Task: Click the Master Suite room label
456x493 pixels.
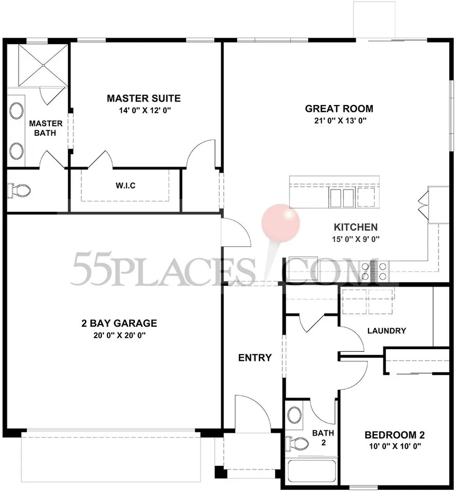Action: coord(144,98)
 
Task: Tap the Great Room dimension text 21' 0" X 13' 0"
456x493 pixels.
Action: coord(340,120)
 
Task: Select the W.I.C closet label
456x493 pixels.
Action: coord(126,186)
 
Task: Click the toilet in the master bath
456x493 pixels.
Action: coord(19,190)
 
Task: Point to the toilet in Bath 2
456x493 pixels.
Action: coord(297,443)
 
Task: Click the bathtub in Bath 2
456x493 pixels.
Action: coord(312,471)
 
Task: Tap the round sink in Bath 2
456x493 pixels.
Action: coord(295,414)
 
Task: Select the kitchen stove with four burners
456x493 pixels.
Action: coord(374,271)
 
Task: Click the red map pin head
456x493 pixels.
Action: coord(280,222)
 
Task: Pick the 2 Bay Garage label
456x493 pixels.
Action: coord(119,323)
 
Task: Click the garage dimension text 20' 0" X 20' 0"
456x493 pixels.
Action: coord(119,335)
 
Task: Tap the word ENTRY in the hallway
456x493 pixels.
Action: coord(255,358)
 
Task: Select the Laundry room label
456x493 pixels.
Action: coord(387,331)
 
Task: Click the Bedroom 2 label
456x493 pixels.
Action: coord(394,435)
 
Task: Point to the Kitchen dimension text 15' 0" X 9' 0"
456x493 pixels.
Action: coord(356,239)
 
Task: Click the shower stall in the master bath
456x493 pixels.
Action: coord(43,65)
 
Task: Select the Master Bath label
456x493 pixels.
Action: coord(46,128)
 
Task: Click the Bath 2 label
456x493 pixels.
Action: coord(323,438)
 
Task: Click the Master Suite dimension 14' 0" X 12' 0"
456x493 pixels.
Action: coord(145,110)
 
